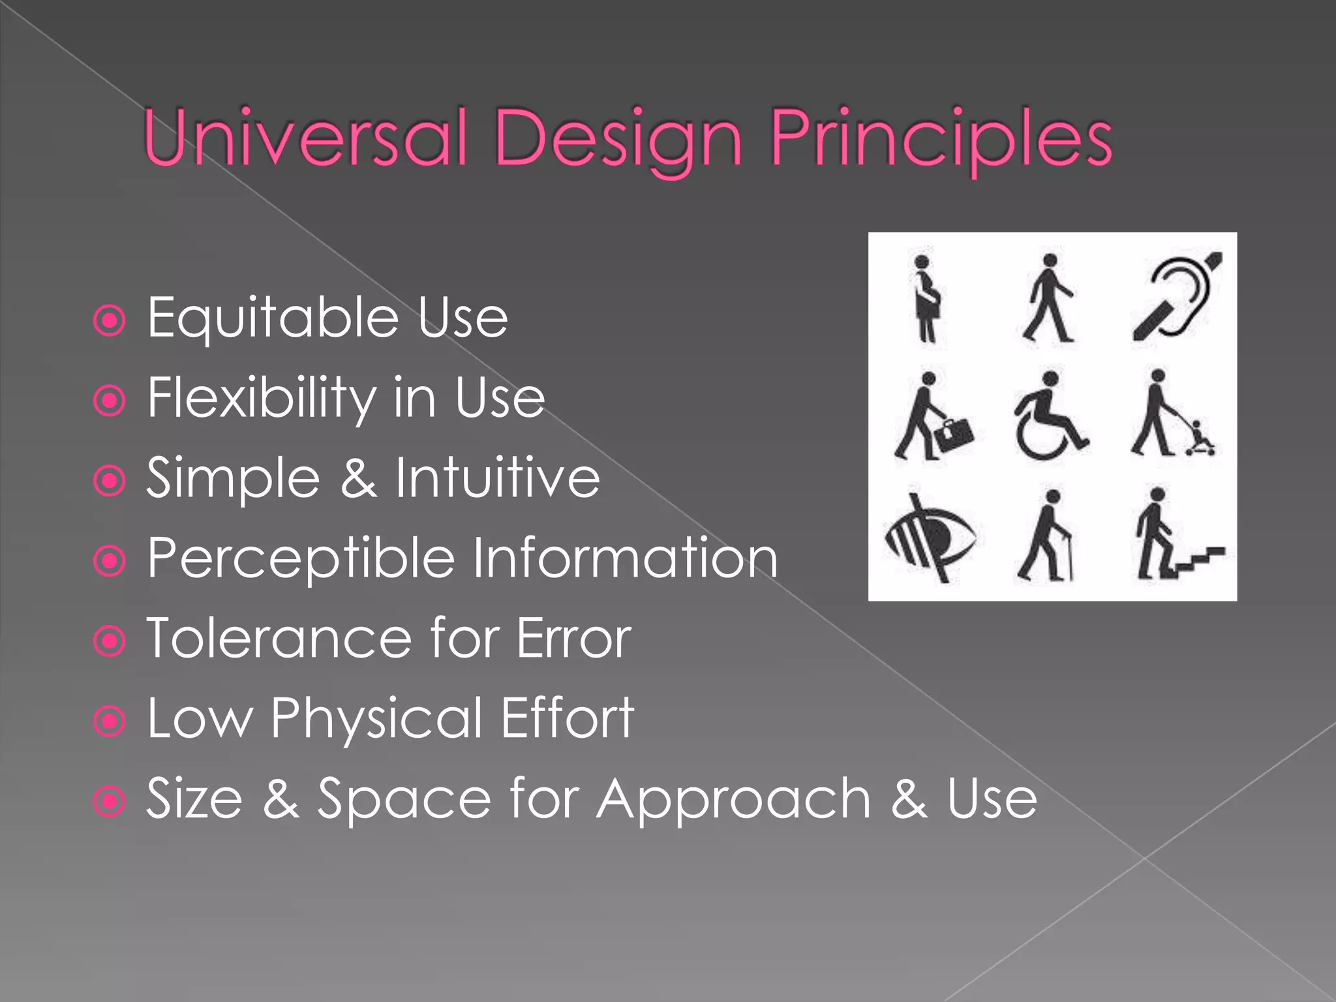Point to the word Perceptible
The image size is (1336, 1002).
coord(300,559)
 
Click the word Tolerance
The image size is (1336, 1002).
coord(279,639)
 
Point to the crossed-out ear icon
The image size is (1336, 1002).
coord(1176,297)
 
